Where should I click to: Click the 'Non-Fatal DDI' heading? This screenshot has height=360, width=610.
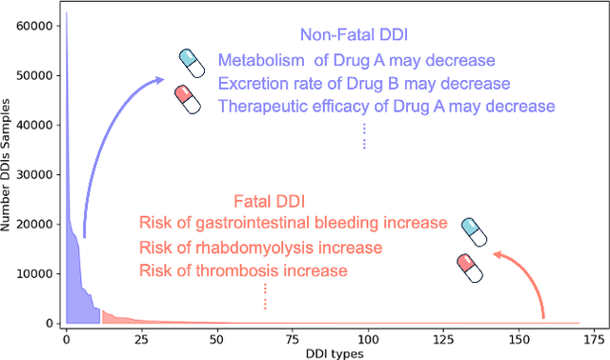click(354, 35)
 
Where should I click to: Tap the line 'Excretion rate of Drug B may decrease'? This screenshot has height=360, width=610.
click(364, 83)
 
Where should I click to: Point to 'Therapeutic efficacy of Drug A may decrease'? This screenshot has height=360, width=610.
click(386, 106)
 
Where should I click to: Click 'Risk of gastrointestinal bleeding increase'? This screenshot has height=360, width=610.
click(293, 223)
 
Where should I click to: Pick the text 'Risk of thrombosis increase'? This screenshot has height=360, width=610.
click(243, 270)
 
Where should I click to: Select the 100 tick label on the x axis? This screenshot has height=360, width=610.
click(368, 338)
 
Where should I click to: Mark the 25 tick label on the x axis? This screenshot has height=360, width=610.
click(141, 338)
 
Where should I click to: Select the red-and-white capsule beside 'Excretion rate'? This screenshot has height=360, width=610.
click(188, 99)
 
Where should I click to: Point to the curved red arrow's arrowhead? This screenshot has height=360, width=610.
click(496, 253)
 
